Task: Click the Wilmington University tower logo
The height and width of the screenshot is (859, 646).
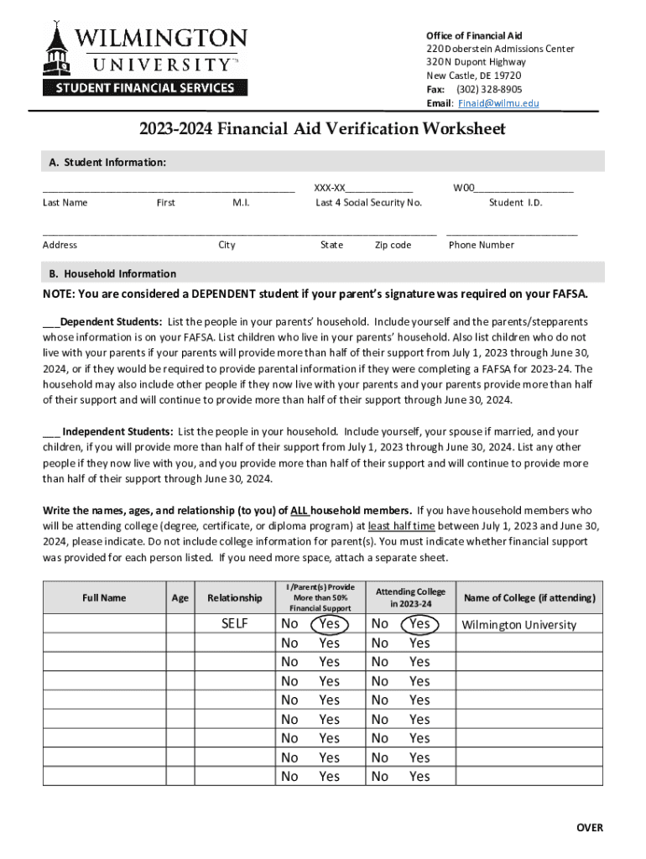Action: (x=57, y=52)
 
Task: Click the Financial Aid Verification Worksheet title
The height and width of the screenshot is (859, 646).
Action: (x=322, y=128)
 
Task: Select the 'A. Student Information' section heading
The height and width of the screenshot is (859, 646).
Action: (x=104, y=161)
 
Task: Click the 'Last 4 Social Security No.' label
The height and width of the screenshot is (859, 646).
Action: (x=368, y=202)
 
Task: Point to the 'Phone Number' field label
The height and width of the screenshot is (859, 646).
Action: (x=481, y=245)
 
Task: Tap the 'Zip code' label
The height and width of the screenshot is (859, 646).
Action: (x=393, y=245)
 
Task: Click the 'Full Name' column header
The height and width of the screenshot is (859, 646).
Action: (x=104, y=597)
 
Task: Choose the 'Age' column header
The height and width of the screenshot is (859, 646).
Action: (x=180, y=597)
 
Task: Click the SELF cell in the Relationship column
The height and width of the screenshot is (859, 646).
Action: (x=234, y=624)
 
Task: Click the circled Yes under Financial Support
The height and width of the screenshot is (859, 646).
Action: (x=329, y=623)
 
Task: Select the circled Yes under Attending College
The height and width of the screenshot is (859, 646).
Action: (x=419, y=623)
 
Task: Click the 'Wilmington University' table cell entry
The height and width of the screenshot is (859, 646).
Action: (x=519, y=625)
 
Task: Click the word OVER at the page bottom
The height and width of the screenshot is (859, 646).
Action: (x=588, y=828)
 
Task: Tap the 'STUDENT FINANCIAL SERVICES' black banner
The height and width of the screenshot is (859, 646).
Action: (x=144, y=87)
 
